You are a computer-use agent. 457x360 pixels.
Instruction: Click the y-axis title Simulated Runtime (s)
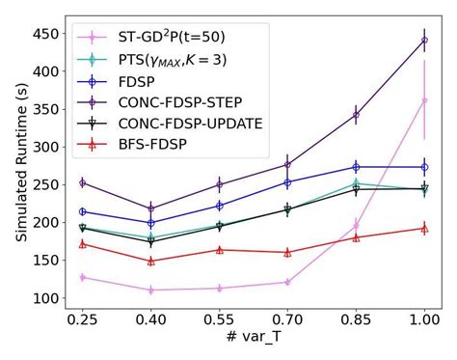[x=14, y=165]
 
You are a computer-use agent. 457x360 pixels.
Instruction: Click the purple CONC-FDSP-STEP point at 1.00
[x=424, y=41]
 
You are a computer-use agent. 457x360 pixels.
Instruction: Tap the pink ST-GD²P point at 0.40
[x=150, y=290]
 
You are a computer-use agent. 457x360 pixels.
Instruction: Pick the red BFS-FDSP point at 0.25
[x=82, y=243]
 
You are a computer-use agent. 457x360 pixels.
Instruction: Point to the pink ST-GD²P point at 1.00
[x=424, y=99]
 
